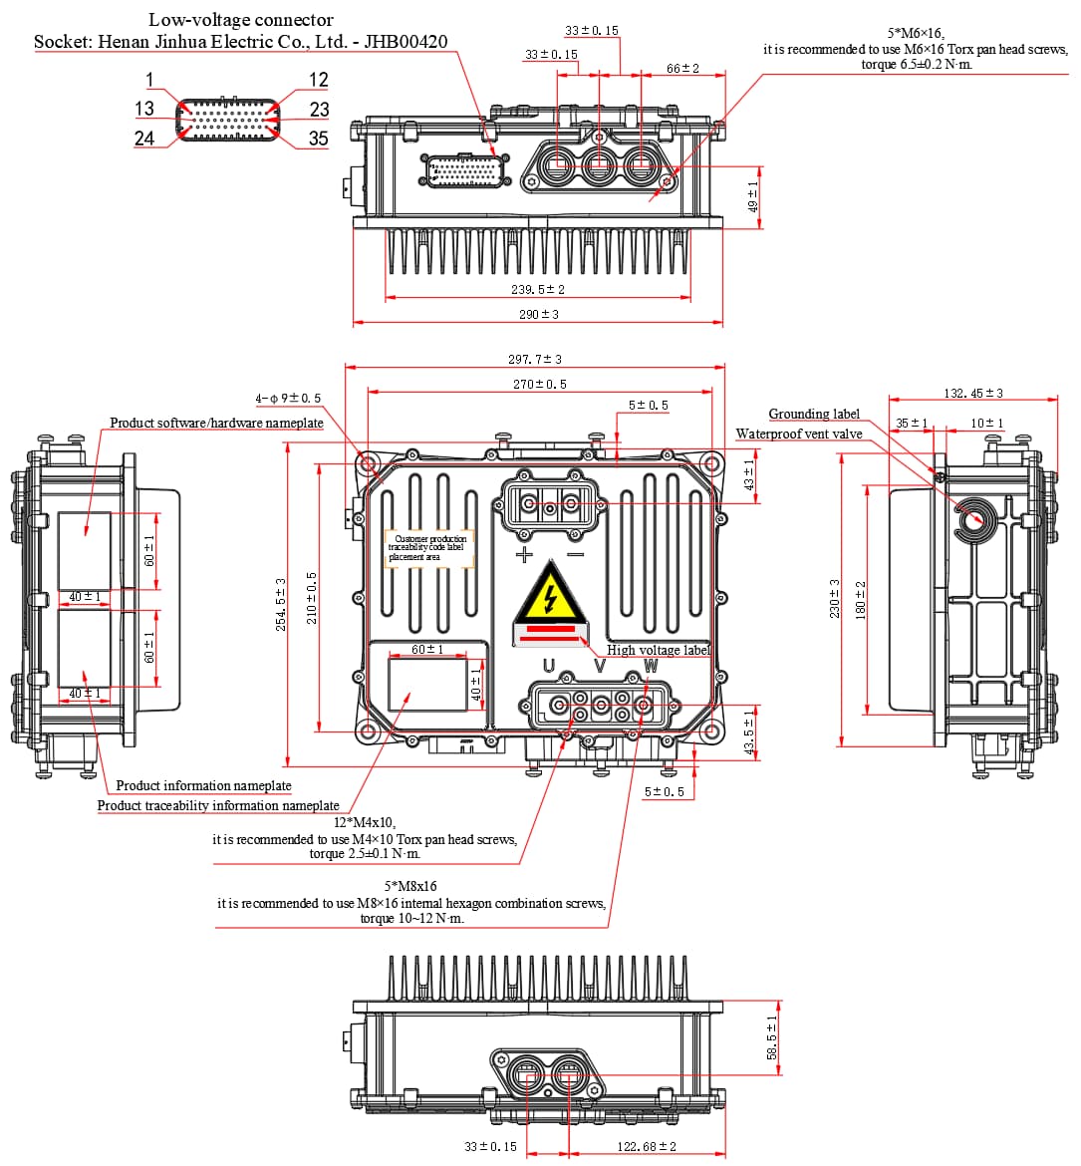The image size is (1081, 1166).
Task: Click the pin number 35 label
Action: click(x=318, y=139)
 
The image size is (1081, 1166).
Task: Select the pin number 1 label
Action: click(x=149, y=80)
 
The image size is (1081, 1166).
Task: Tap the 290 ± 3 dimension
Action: click(x=538, y=314)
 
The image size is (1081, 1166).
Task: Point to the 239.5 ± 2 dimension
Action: click(x=538, y=289)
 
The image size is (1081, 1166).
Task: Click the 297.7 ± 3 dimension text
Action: click(x=535, y=359)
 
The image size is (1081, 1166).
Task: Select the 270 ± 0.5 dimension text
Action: click(x=539, y=384)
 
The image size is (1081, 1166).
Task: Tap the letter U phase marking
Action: click(x=548, y=666)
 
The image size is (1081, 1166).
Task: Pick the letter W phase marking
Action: click(x=651, y=666)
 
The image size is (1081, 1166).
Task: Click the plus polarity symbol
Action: click(x=523, y=555)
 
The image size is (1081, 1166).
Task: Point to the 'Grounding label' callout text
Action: click(x=814, y=414)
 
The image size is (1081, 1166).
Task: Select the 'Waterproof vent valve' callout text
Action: click(x=799, y=434)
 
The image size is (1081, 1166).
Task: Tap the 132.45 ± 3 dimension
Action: click(x=973, y=394)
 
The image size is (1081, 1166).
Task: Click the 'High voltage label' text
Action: click(x=659, y=650)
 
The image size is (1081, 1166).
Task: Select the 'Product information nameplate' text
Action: click(x=203, y=785)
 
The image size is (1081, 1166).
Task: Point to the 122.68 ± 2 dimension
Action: click(x=647, y=1146)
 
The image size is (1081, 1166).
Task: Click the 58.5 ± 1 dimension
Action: click(x=771, y=1037)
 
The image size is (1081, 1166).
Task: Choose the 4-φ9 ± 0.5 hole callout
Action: click(x=288, y=399)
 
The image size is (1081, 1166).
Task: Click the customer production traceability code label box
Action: click(x=428, y=548)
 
